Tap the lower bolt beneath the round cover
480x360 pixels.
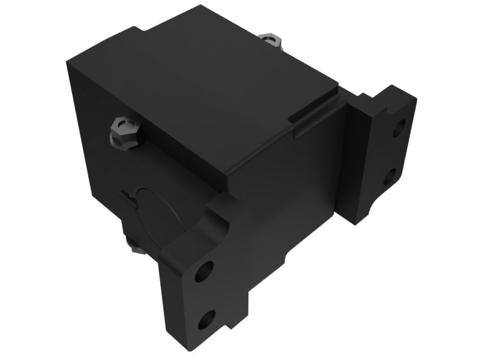tap(137, 246)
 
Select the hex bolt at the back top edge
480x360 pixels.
tap(271, 40)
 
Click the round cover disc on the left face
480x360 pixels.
tap(153, 216)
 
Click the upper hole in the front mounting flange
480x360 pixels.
tap(204, 271)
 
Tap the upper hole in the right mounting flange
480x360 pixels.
tap(398, 128)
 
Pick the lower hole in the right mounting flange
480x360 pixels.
tap(389, 176)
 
